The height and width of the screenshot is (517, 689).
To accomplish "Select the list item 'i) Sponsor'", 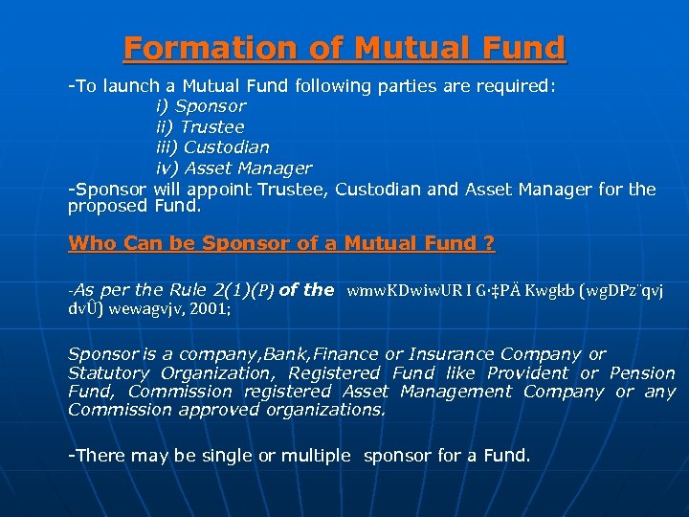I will click(200, 106).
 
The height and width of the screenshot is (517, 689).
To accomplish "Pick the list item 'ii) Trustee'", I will click(199, 126).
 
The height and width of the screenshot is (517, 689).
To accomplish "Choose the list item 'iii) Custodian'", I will click(211, 147).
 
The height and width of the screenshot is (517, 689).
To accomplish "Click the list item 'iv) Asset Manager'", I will click(233, 169).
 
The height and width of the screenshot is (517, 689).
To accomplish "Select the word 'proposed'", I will click(107, 206).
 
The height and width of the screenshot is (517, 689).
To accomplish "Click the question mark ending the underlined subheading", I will click(489, 243).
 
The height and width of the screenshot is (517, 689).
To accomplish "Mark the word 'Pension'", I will click(641, 373).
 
